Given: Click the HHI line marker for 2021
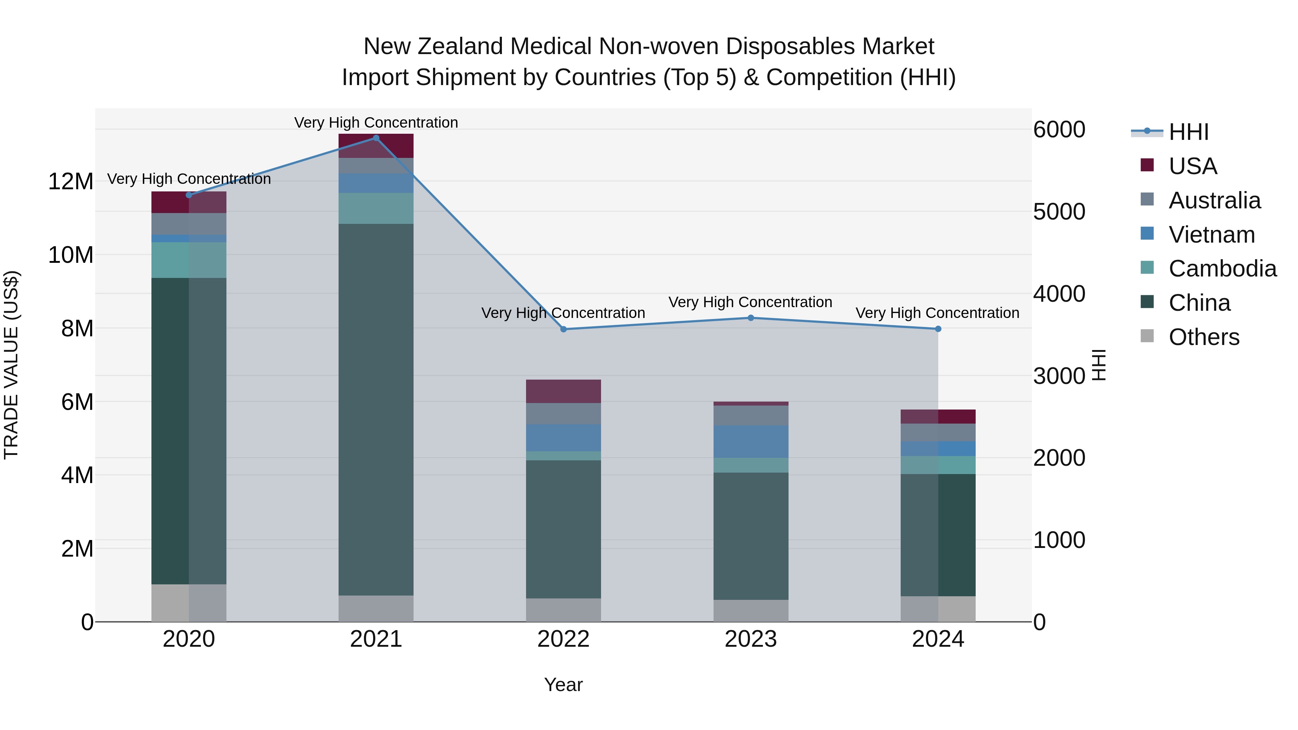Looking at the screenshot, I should point(376,138).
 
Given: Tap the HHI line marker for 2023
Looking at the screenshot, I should point(751,318).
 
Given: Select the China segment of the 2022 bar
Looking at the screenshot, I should point(563,529).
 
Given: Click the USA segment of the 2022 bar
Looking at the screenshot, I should point(563,391).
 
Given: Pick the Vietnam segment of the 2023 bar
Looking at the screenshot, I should point(751,441).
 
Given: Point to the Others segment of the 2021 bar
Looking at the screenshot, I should point(376,608).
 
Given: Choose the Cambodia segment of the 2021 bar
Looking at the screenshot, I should point(376,208).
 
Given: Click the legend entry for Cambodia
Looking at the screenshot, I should point(1222,269).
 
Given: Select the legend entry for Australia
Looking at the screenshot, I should point(1214,200).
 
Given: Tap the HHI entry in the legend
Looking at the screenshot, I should point(1188,132).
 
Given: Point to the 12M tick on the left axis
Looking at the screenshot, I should point(71,181).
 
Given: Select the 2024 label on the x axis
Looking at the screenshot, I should point(938,639).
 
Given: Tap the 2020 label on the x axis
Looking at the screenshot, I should point(189,639).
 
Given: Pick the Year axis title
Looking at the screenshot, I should point(563,685).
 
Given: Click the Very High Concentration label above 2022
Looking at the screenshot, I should point(563,313).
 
